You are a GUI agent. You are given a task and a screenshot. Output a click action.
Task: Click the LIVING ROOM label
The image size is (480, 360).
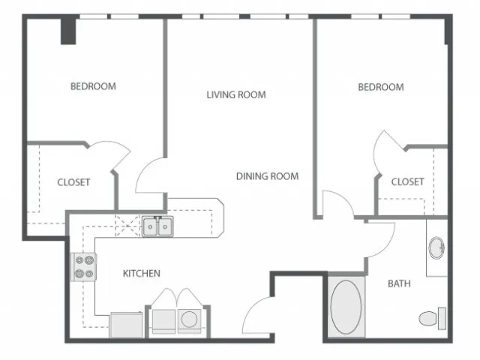coord(236,94)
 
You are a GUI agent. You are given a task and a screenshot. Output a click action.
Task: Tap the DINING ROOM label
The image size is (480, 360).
coord(267,176)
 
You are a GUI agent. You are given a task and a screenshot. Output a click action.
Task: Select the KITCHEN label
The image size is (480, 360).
coord(142,273)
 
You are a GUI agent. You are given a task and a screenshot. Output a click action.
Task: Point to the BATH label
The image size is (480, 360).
coord(399,283)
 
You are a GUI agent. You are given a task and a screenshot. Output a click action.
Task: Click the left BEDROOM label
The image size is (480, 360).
coord(93,86)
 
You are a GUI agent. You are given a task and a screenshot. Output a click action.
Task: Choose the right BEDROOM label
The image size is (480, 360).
coord(381,87)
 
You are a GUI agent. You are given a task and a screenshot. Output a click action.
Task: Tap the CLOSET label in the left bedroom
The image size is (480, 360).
coord(73,182)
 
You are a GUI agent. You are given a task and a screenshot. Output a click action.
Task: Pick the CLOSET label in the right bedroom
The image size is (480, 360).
coord(407,181)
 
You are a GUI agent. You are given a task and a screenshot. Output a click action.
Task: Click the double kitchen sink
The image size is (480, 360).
coord(157,226)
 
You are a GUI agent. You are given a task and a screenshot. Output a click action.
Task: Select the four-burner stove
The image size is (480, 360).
coord(83,267)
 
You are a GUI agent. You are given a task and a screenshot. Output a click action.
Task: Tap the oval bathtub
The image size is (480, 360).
coord(346,307)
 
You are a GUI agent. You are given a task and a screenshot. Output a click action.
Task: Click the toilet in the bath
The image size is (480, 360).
coord(432,318)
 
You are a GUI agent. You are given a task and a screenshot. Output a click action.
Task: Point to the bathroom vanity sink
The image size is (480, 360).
coord(436,247)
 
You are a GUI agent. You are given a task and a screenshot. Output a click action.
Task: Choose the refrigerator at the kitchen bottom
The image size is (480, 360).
coord(126,325)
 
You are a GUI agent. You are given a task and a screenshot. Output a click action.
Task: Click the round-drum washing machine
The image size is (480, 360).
coord(189,322)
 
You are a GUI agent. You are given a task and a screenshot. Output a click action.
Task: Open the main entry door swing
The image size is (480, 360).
coord(258,315)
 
